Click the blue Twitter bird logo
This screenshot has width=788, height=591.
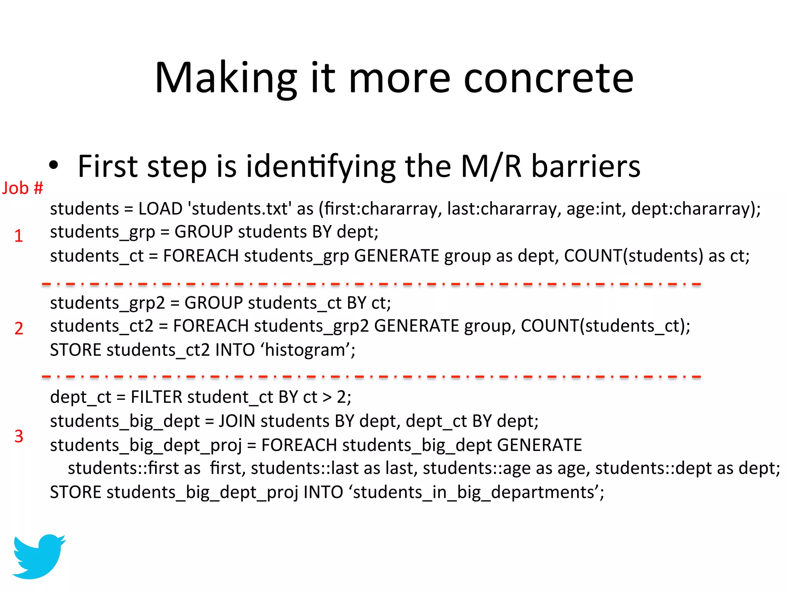[x=38, y=556]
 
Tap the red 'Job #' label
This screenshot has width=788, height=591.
[x=22, y=188]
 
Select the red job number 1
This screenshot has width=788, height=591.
[x=18, y=235]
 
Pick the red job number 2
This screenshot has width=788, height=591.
[x=18, y=328]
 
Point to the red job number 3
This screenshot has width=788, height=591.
[x=18, y=436]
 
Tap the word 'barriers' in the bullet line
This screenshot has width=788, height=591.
[x=586, y=166]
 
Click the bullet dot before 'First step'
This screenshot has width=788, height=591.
[x=53, y=165]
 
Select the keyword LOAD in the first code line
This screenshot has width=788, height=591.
[x=160, y=209]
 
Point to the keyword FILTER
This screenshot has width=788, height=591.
[x=156, y=397]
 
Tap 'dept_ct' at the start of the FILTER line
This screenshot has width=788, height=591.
[x=80, y=397]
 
